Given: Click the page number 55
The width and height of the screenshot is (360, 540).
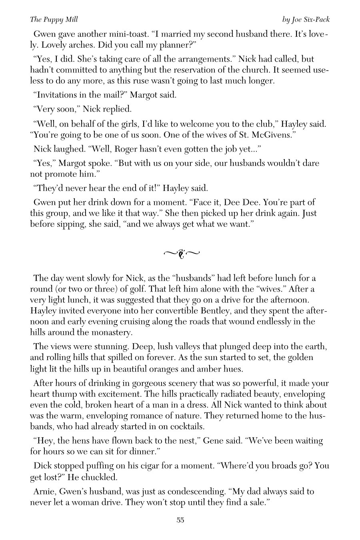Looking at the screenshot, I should coord(180,520).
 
